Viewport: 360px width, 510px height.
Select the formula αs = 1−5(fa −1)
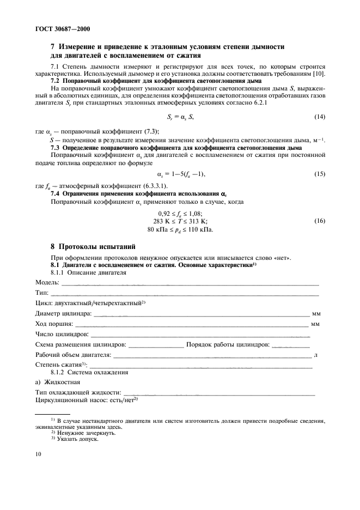tap(180, 174)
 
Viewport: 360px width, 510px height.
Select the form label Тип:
tap(41, 293)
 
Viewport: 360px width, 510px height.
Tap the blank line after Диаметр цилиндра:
tap(202, 314)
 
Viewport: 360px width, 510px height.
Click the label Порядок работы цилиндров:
tap(228, 345)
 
